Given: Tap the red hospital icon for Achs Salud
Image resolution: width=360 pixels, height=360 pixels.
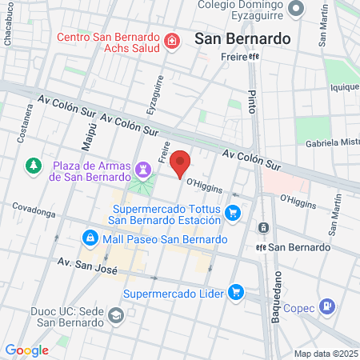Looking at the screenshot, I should [171, 41].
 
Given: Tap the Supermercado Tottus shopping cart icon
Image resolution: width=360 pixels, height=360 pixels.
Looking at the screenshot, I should [233, 212].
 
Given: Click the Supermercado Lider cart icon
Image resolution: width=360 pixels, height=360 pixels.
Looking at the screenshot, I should [235, 292].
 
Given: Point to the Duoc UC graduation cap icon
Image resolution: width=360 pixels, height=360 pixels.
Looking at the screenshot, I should [117, 315].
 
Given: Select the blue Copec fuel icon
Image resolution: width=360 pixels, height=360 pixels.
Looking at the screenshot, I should [327, 306].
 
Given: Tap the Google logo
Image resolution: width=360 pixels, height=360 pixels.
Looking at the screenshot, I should [26, 350].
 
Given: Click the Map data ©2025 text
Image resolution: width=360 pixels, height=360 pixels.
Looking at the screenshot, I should [326, 354].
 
